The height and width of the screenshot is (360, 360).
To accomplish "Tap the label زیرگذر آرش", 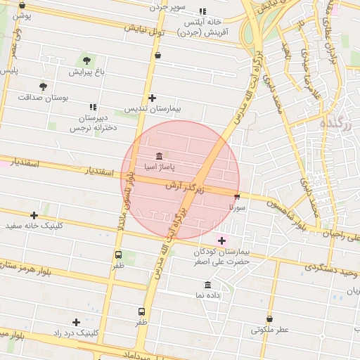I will tap(185, 188).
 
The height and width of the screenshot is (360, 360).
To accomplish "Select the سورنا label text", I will tap(237, 208).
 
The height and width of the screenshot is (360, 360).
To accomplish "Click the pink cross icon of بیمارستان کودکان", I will tap(222, 240).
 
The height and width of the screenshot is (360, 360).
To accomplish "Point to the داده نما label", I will tap(208, 295).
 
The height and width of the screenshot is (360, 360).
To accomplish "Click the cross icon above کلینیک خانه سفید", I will tap(34, 215).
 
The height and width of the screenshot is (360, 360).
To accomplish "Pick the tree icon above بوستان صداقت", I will tap(44, 86).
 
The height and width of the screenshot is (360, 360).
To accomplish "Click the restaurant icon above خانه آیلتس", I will tap(203, 11).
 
